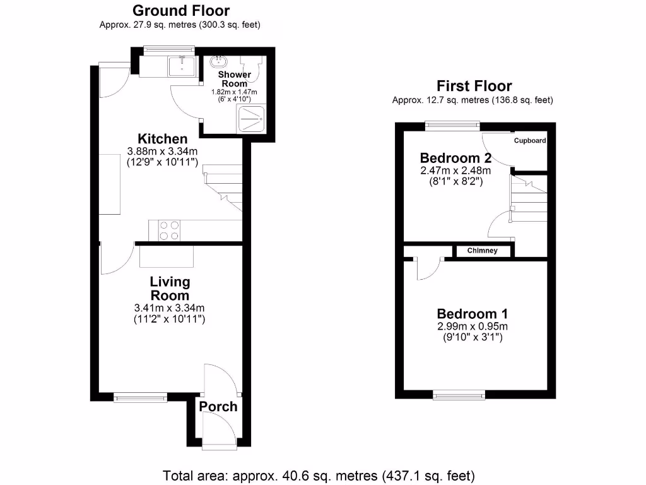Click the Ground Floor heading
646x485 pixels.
tap(180, 11)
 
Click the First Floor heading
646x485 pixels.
tap(475, 87)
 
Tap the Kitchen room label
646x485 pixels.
tap(163, 139)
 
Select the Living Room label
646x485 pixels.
tap(170, 289)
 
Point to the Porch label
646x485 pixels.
tap(218, 407)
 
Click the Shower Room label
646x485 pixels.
tap(235, 79)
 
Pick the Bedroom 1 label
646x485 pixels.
tap(473, 314)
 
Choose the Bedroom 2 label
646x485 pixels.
tap(455, 157)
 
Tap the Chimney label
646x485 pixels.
tap(483, 251)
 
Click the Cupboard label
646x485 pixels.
tap(529, 141)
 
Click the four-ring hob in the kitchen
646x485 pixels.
tap(168, 230)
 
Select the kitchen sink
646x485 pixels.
tap(182, 64)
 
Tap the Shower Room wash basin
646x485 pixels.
tap(220, 61)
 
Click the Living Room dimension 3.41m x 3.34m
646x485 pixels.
tap(170, 308)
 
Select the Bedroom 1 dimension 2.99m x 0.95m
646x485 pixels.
tap(473, 326)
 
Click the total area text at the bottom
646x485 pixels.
tap(319, 475)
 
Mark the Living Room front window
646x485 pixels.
tap(141, 397)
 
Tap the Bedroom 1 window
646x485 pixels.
tap(459, 395)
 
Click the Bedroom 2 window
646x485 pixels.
tap(452, 125)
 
